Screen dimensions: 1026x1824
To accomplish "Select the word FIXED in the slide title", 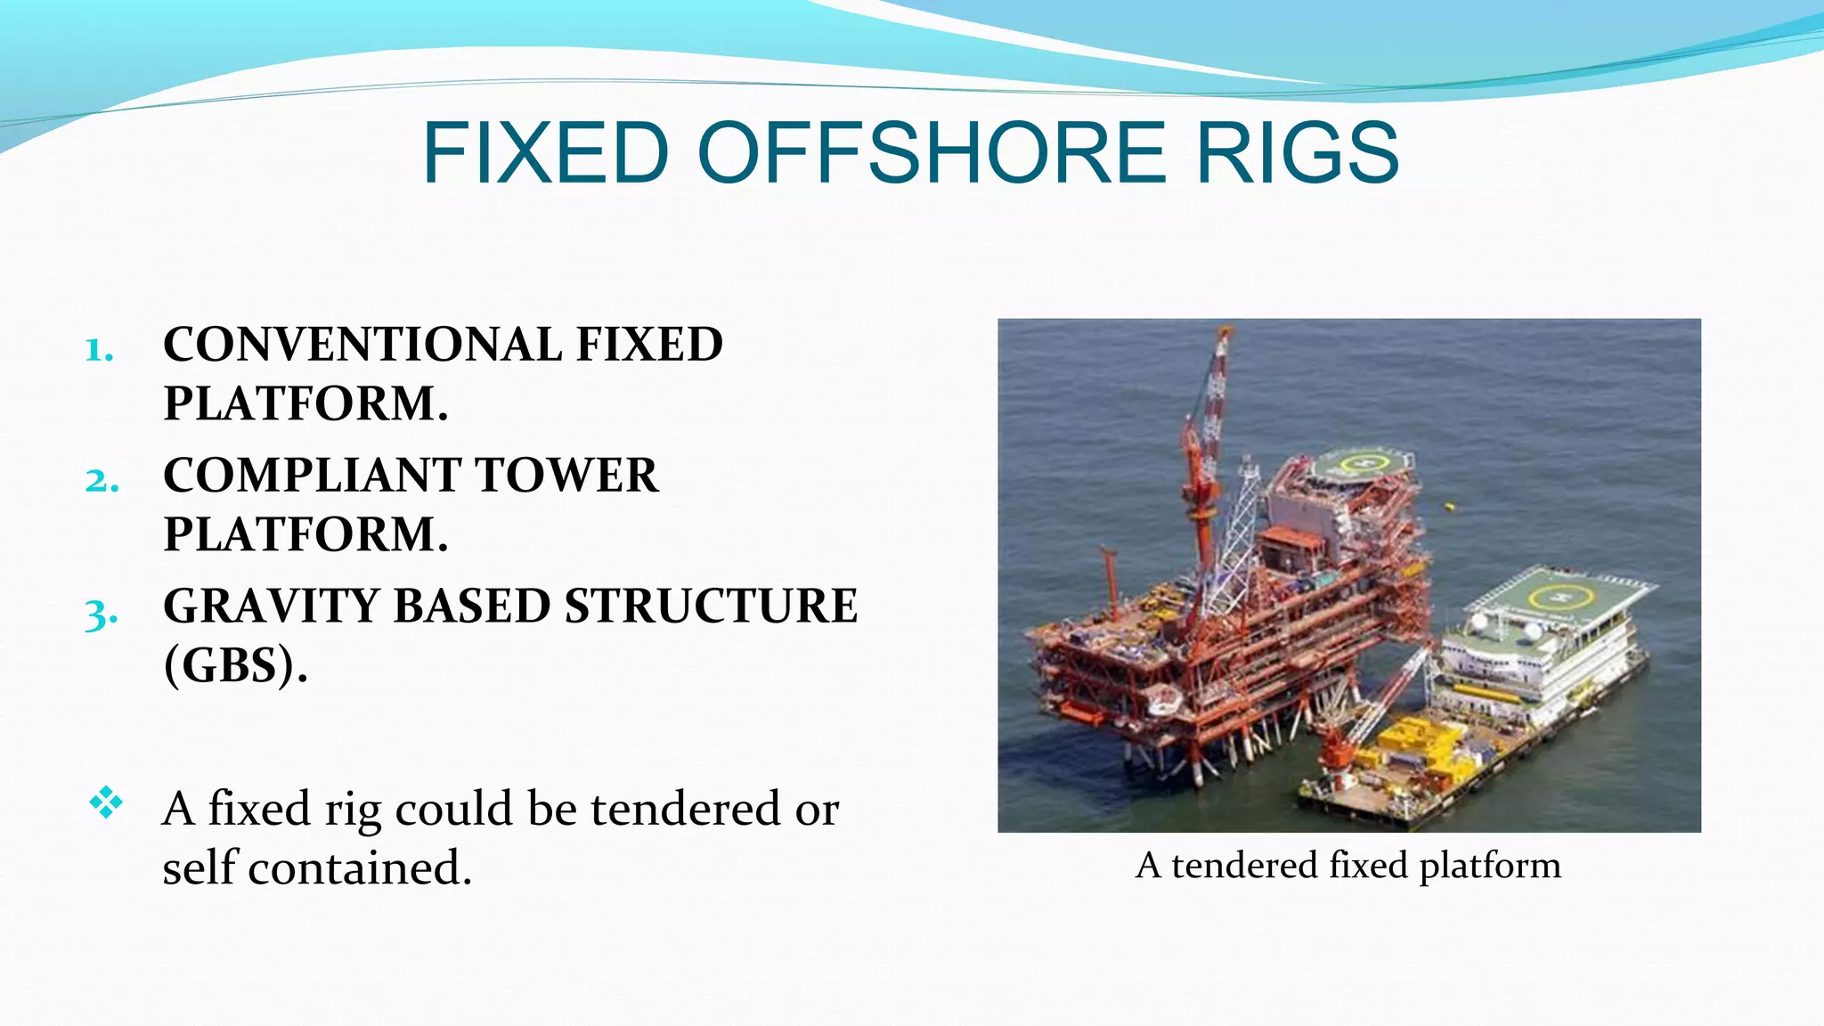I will point(546,153).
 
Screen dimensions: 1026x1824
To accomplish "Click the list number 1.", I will point(99,350).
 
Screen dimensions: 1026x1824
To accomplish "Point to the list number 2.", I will point(102,481).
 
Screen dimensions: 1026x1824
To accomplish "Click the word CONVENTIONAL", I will point(362,345).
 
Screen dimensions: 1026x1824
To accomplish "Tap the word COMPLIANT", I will point(308,476).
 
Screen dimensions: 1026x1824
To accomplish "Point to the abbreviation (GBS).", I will point(235,665).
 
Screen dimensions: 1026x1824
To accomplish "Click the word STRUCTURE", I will point(711,607).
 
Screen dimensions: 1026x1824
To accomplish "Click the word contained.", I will point(359,868).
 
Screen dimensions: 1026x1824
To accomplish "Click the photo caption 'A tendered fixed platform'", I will point(1348,866).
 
